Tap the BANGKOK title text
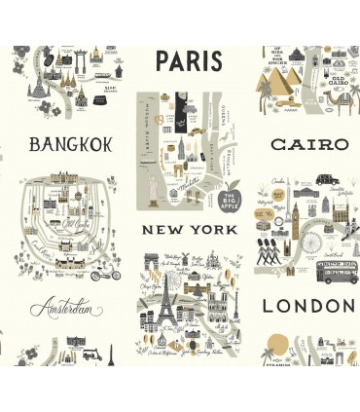(x=70, y=145)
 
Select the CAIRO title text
(x=308, y=144)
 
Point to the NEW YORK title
(x=189, y=230)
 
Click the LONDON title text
(x=308, y=305)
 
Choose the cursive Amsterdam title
(x=66, y=310)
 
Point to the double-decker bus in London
(x=337, y=270)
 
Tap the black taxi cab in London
(x=326, y=180)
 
